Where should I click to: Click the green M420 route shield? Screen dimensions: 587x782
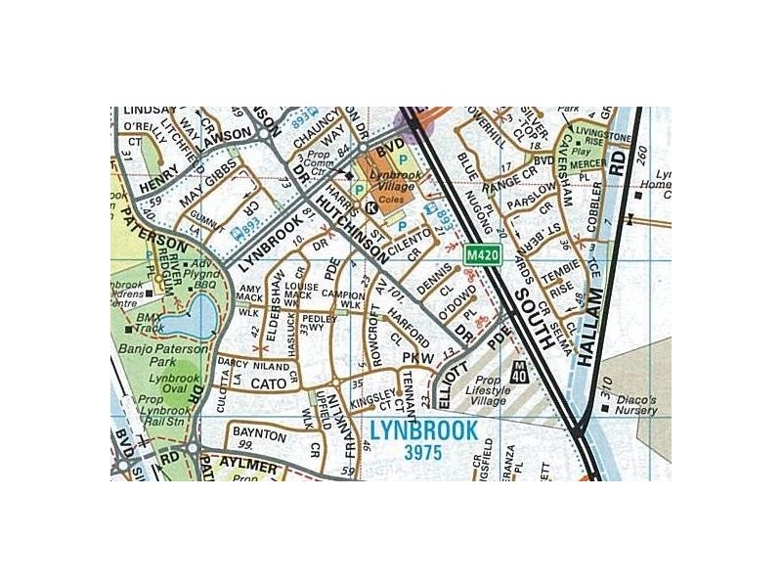(483, 255)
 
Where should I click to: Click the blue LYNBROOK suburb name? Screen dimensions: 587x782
(424, 430)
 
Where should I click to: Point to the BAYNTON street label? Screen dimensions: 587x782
(259, 433)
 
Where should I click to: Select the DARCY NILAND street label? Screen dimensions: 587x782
(241, 364)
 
